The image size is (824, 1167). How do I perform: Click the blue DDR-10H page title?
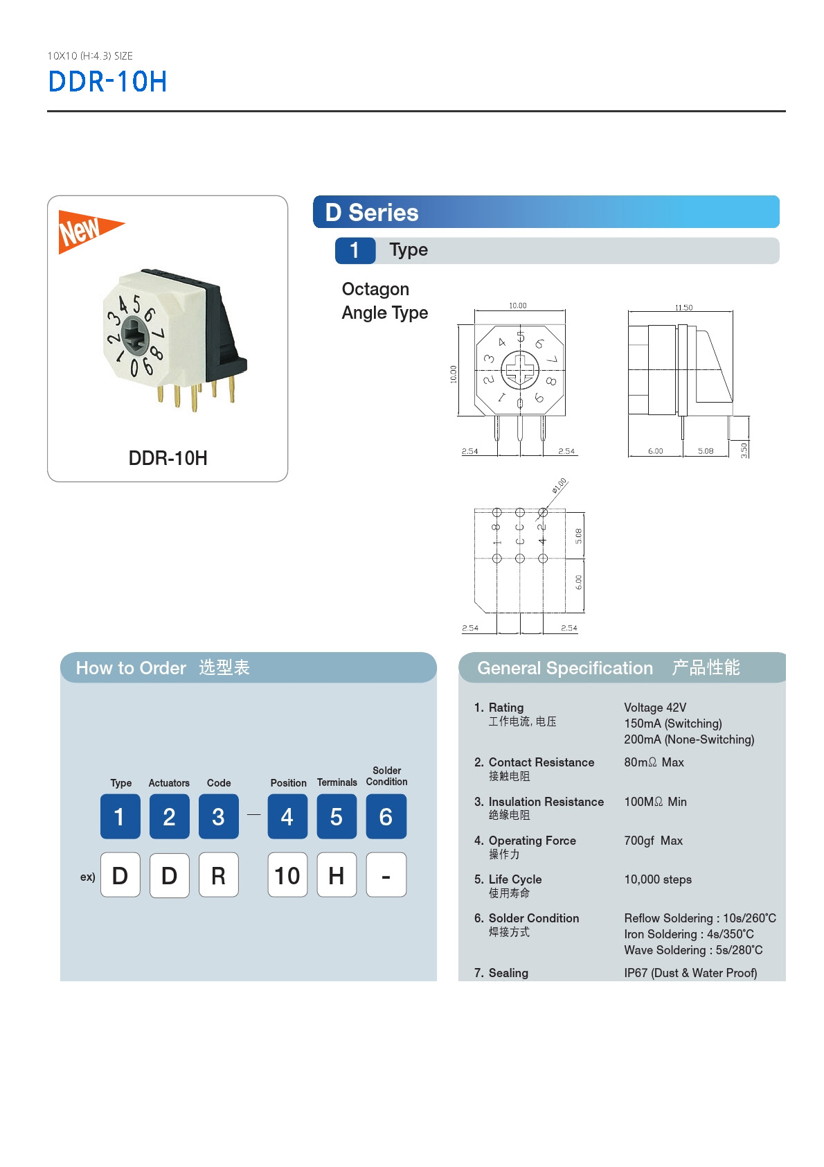[107, 82]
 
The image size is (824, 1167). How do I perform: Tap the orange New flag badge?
[85, 231]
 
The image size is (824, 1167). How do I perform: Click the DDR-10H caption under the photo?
[168, 458]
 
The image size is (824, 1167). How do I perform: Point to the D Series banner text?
[372, 213]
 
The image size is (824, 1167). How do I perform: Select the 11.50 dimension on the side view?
[683, 308]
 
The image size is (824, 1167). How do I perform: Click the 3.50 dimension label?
[744, 450]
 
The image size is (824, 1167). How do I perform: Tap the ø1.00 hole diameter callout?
[559, 485]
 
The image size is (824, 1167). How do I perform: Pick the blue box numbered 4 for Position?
[287, 816]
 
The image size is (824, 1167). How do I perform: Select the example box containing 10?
[287, 875]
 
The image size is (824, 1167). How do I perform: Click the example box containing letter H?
[337, 875]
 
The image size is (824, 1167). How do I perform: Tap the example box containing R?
[218, 875]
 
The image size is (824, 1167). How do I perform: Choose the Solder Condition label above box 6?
[386, 776]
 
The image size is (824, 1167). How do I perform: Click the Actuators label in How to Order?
[169, 783]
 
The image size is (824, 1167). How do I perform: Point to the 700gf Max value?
[653, 841]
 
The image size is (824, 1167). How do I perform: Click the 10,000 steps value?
[658, 879]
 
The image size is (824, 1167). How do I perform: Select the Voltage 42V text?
[655, 708]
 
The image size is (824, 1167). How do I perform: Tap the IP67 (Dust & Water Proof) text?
[690, 973]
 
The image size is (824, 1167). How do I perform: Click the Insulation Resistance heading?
[546, 802]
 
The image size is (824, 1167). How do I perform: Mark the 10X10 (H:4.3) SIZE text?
[90, 56]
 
